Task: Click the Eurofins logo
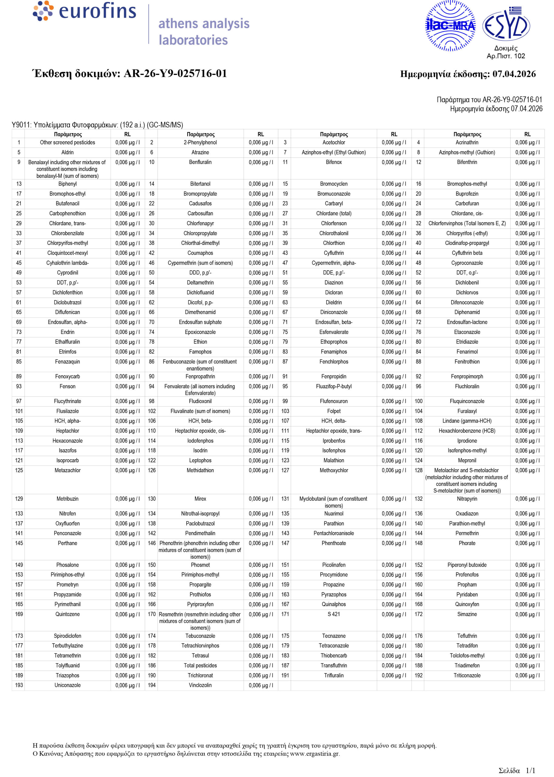[85, 11]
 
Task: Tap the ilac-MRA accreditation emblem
[450, 25]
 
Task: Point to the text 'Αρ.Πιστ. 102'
[506, 56]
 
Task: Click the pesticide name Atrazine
[200, 152]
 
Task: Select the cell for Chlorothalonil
[334, 233]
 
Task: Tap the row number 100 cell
[418, 401]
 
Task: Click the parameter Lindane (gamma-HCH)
[467, 421]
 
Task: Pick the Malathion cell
[334, 460]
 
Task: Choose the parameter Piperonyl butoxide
[467, 565]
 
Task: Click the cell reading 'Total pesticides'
[200, 665]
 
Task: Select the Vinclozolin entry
[200, 685]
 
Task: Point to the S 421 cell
[334, 614]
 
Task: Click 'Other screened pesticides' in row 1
[68, 142]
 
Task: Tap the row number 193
[19, 685]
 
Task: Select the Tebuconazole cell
[200, 636]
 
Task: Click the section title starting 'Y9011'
[97, 125]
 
